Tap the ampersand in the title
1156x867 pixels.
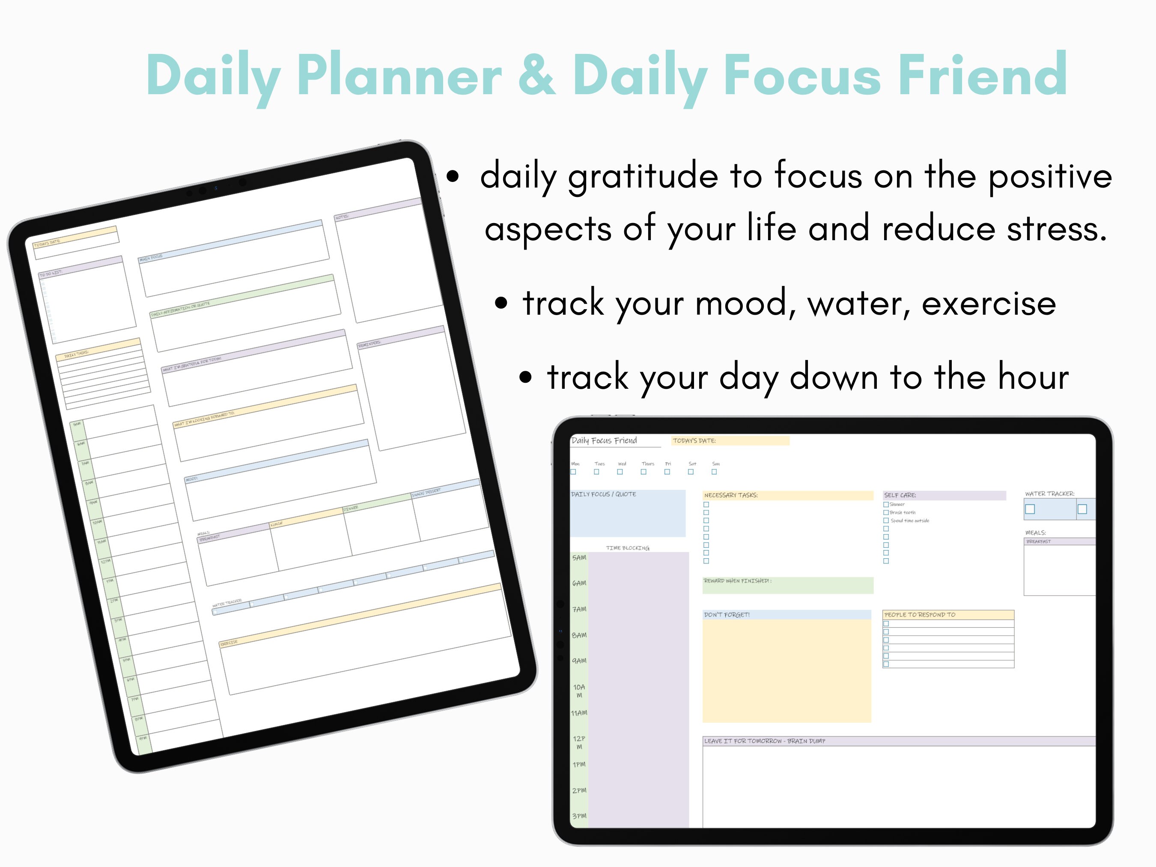[x=537, y=76]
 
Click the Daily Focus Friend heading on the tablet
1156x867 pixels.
[x=604, y=441]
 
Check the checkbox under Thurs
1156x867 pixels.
[x=644, y=472]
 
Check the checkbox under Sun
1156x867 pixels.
[x=714, y=472]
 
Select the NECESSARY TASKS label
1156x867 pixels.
[x=730, y=495]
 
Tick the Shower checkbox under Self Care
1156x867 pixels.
[x=886, y=504]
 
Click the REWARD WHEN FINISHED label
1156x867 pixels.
[x=737, y=581]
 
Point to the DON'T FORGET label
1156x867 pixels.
[x=727, y=614]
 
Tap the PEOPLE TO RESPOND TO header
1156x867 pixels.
[x=920, y=614]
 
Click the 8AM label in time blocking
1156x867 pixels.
[x=579, y=635]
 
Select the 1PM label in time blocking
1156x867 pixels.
[x=579, y=764]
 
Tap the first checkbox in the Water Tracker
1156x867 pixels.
[x=1030, y=509]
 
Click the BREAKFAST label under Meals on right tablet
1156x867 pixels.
[x=1038, y=542]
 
